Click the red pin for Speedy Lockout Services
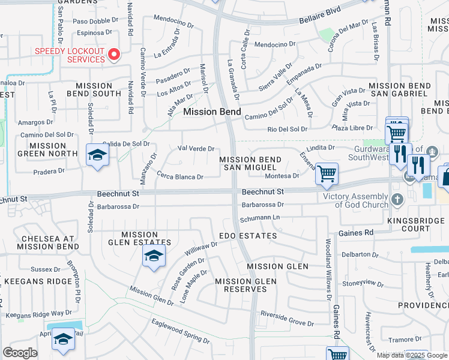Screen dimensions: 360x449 click(114, 55)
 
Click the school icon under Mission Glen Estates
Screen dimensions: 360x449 click(154, 256)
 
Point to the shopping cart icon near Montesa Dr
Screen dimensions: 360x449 click(326, 175)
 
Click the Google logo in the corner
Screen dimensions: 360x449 click(20, 353)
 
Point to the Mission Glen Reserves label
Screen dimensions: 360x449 click(246, 285)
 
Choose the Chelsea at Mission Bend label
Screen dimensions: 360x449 click(41, 242)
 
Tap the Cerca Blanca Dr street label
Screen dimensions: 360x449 click(180, 177)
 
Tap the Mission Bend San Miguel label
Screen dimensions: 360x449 click(250, 163)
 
